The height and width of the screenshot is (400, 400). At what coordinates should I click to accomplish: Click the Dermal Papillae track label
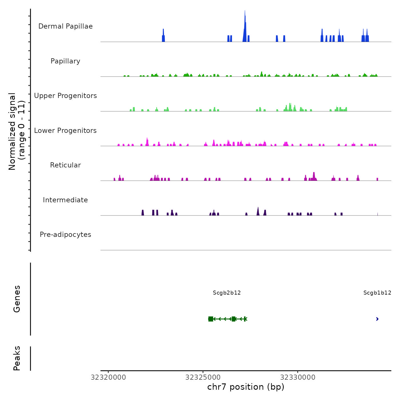pos(65,26)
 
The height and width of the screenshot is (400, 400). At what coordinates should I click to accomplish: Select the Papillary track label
pos(65,61)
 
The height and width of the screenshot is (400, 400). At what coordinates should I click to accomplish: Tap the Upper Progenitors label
pos(65,96)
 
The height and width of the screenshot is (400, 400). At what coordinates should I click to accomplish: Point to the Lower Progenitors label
pos(65,131)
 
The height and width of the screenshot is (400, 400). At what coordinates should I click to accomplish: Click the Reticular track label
pos(65,165)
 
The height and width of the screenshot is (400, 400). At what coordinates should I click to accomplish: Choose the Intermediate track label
pos(65,200)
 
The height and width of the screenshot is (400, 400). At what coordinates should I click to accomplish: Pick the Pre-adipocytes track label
pos(65,235)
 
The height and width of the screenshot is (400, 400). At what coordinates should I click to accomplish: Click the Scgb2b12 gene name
pos(227,293)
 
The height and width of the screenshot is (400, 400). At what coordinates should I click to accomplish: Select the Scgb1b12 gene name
pos(377,293)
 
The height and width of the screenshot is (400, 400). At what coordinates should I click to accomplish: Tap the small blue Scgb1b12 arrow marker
pos(377,319)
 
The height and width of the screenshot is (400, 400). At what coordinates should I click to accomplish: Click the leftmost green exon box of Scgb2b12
pos(211,319)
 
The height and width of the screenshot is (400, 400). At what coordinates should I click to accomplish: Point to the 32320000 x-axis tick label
pos(108,377)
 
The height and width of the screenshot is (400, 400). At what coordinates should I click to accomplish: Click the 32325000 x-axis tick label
pos(203,377)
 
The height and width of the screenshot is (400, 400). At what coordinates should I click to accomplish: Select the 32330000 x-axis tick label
pos(298,377)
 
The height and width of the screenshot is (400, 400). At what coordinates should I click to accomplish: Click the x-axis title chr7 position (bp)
pos(246,387)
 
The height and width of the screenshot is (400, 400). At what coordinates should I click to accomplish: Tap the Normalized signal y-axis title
pos(17,131)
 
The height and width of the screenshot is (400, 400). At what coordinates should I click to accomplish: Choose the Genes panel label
pos(17,299)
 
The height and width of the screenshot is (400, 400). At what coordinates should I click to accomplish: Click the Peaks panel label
pos(17,358)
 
